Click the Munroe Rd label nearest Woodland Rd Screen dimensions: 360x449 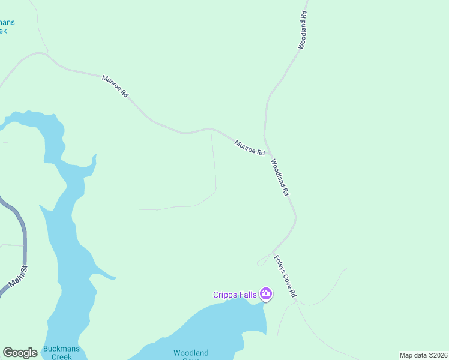pyautogui.click(x=250, y=148)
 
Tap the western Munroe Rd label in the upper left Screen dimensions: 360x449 pyautogui.click(x=115, y=86)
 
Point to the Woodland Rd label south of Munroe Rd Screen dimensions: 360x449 pyautogui.click(x=280, y=178)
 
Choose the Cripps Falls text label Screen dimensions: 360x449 pyautogui.click(x=235, y=295)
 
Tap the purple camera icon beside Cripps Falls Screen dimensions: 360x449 pyautogui.click(x=265, y=294)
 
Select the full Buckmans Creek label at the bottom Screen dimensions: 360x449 pyautogui.click(x=57, y=353)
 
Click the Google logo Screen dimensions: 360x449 pyautogui.click(x=20, y=353)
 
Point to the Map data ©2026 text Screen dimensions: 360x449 pyautogui.click(x=423, y=355)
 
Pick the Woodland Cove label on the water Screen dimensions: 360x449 pyautogui.click(x=191, y=353)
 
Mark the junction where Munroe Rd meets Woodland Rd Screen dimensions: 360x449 pyautogui.click(x=265, y=137)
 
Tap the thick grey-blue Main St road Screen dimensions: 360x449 pyautogui.click(x=24, y=240)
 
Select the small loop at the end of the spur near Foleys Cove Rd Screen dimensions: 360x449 pyautogui.click(x=260, y=263)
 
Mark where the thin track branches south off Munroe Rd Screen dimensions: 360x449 pyautogui.click(x=211, y=129)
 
